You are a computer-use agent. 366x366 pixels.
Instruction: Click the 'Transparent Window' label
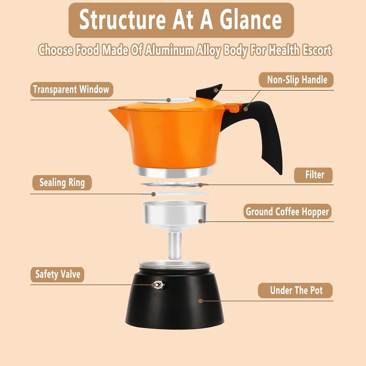coord(71,89)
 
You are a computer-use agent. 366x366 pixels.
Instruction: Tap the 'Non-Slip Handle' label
coord(297,80)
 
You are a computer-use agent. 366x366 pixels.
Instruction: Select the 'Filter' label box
coord(314,175)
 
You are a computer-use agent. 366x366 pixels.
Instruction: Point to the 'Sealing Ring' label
coord(62,183)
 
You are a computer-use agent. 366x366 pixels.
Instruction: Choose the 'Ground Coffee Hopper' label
coord(287,212)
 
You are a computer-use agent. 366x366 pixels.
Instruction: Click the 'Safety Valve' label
coord(57,274)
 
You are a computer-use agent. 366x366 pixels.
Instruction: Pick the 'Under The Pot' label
coord(296,290)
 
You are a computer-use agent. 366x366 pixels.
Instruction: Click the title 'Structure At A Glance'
coord(181,20)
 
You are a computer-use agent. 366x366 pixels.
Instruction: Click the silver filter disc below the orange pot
coord(174,184)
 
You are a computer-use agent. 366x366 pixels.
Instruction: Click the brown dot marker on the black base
coord(201,301)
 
